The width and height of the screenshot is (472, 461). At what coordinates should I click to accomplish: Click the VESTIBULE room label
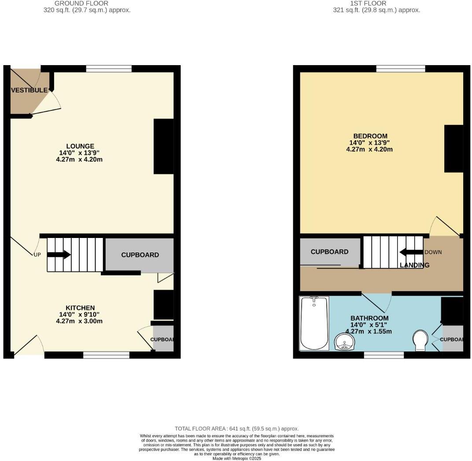point(29,90)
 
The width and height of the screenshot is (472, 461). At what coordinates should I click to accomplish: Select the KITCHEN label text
point(80,308)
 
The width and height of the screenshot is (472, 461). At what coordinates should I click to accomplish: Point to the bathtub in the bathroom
point(313,323)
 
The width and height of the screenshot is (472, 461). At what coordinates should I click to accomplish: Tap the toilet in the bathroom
point(421,340)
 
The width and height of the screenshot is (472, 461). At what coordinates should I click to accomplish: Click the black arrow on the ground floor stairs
point(59,254)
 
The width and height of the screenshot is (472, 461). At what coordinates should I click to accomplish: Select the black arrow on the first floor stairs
point(411,252)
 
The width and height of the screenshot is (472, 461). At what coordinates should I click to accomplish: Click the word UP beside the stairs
point(37,254)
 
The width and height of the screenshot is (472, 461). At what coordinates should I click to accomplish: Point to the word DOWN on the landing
point(433,252)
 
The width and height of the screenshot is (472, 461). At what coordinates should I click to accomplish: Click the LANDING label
point(414,265)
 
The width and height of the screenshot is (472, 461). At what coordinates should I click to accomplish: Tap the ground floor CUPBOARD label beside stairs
point(140,255)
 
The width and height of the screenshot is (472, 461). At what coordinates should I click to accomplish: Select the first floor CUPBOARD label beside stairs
point(329,252)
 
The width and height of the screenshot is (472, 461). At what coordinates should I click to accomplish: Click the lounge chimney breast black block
point(163,146)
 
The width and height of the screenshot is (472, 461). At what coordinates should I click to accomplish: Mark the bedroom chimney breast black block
point(454,149)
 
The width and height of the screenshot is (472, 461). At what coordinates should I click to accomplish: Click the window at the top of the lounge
point(109,69)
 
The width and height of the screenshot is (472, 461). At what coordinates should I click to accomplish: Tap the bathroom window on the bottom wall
point(383,355)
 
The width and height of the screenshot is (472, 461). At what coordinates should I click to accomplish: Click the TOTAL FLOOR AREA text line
point(236,428)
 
